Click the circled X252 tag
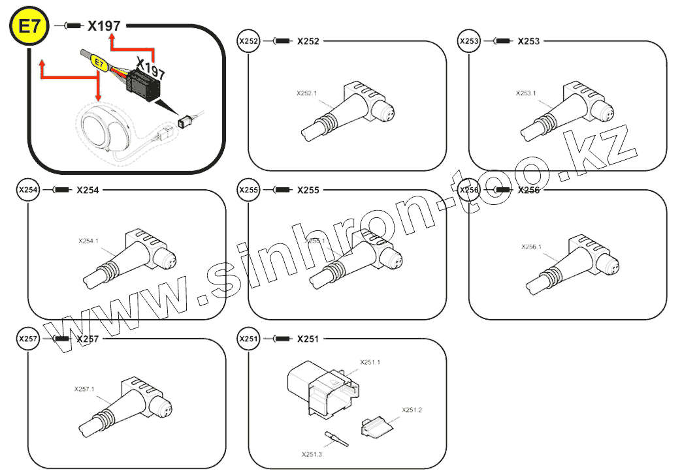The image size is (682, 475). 249,42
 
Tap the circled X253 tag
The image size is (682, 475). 469,42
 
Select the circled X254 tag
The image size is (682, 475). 28,191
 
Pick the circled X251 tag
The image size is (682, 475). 249,339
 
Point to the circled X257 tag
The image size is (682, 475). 28,339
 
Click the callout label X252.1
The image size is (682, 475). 306,93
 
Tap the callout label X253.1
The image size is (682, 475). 525,93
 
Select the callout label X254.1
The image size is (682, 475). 88,241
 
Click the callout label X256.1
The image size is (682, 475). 532,247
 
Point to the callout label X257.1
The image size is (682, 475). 84,390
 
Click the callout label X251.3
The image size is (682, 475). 312,454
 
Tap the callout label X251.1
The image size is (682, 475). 370,362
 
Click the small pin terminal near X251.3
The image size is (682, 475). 336,438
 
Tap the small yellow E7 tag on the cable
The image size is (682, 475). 99,63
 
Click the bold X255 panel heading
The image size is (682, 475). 308,191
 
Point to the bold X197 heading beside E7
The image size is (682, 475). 105,26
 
